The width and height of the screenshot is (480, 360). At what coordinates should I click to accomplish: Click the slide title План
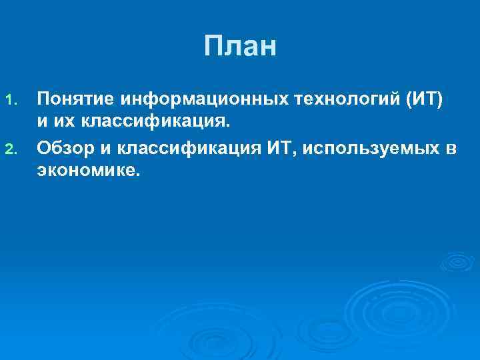tap(239, 47)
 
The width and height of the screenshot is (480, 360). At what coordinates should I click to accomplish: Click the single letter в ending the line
tap(451, 147)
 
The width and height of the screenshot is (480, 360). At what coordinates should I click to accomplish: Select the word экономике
tap(89, 171)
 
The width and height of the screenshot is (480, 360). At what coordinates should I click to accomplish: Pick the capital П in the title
tap(213, 47)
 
